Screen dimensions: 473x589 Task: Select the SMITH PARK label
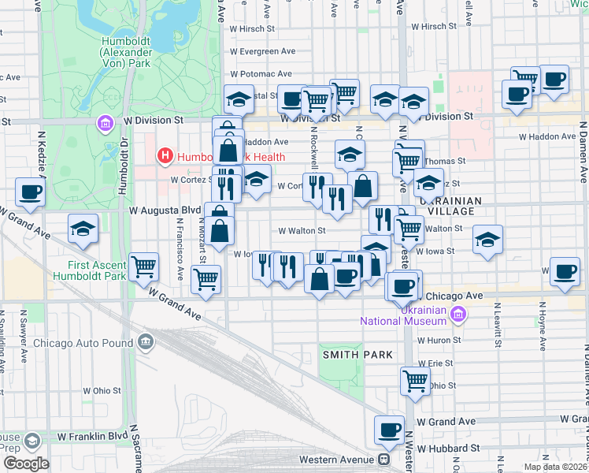[x=355, y=355]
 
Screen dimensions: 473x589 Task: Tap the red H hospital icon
[x=165, y=155]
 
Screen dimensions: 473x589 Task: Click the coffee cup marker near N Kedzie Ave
[x=30, y=192]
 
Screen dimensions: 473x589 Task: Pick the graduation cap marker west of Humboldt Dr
[x=83, y=229]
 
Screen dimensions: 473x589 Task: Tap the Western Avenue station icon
[x=383, y=459]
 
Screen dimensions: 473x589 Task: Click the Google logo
[x=25, y=464]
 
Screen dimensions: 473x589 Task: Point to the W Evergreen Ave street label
[x=261, y=51]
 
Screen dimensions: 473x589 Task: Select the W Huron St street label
[x=439, y=341]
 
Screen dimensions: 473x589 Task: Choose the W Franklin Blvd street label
[x=91, y=436]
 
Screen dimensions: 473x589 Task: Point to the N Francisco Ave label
[x=180, y=260]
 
